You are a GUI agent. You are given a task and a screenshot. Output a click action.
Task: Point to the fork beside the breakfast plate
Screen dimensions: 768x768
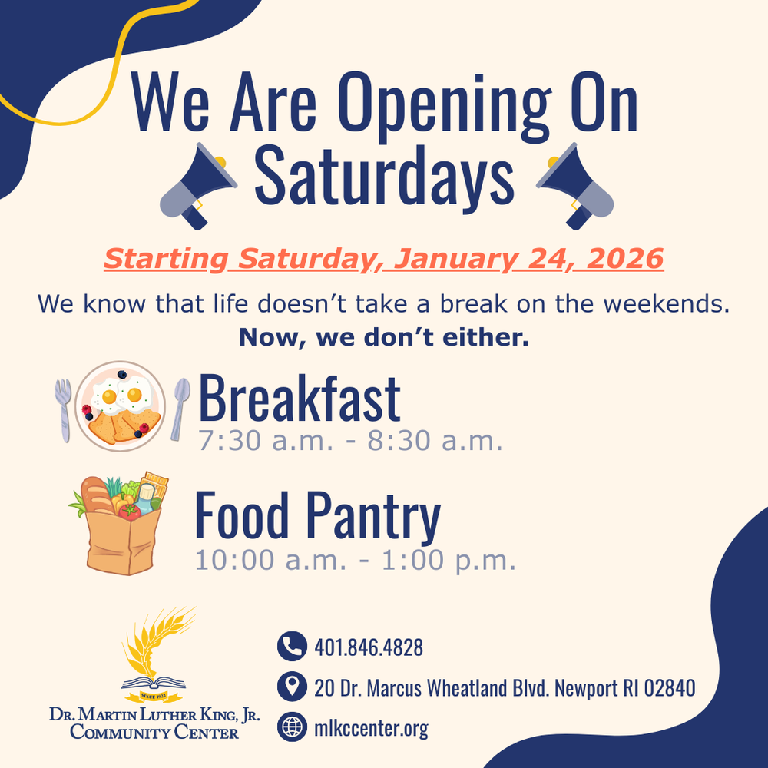tap(63, 409)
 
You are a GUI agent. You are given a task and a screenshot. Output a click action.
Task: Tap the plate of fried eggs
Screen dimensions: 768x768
tap(121, 406)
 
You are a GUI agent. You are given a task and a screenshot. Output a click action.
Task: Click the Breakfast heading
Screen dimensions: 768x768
tap(300, 399)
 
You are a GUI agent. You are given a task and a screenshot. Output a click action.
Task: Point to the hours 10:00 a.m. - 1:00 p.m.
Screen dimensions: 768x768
tap(354, 560)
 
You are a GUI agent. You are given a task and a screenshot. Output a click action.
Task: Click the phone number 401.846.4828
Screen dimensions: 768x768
tap(369, 647)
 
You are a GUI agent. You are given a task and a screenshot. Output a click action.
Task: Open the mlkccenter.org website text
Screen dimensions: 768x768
tap(371, 728)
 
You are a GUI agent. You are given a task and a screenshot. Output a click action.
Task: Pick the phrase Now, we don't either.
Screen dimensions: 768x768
tap(383, 337)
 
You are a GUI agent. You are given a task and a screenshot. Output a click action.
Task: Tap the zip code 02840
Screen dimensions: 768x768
tap(668, 687)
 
